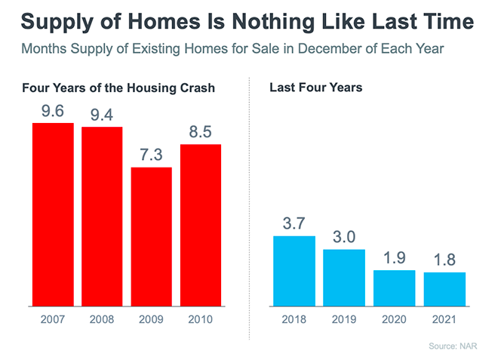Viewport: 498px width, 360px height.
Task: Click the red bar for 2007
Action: pyautogui.click(x=52, y=214)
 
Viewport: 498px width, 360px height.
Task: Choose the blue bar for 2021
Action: pyautogui.click(x=444, y=289)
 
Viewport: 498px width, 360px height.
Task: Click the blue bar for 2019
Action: pyautogui.click(x=344, y=278)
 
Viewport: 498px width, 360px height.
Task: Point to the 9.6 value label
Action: pyautogui.click(x=52, y=111)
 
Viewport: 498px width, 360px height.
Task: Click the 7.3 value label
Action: pyautogui.click(x=152, y=155)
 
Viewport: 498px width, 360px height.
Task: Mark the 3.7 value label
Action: pyautogui.click(x=294, y=224)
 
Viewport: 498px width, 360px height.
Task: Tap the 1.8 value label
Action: pyautogui.click(x=444, y=260)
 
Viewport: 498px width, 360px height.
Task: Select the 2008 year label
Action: pyautogui.click(x=102, y=320)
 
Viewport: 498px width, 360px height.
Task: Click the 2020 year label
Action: pyautogui.click(x=394, y=320)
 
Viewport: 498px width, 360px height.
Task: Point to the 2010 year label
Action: pyautogui.click(x=201, y=320)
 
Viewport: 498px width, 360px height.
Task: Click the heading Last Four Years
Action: pyautogui.click(x=315, y=88)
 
